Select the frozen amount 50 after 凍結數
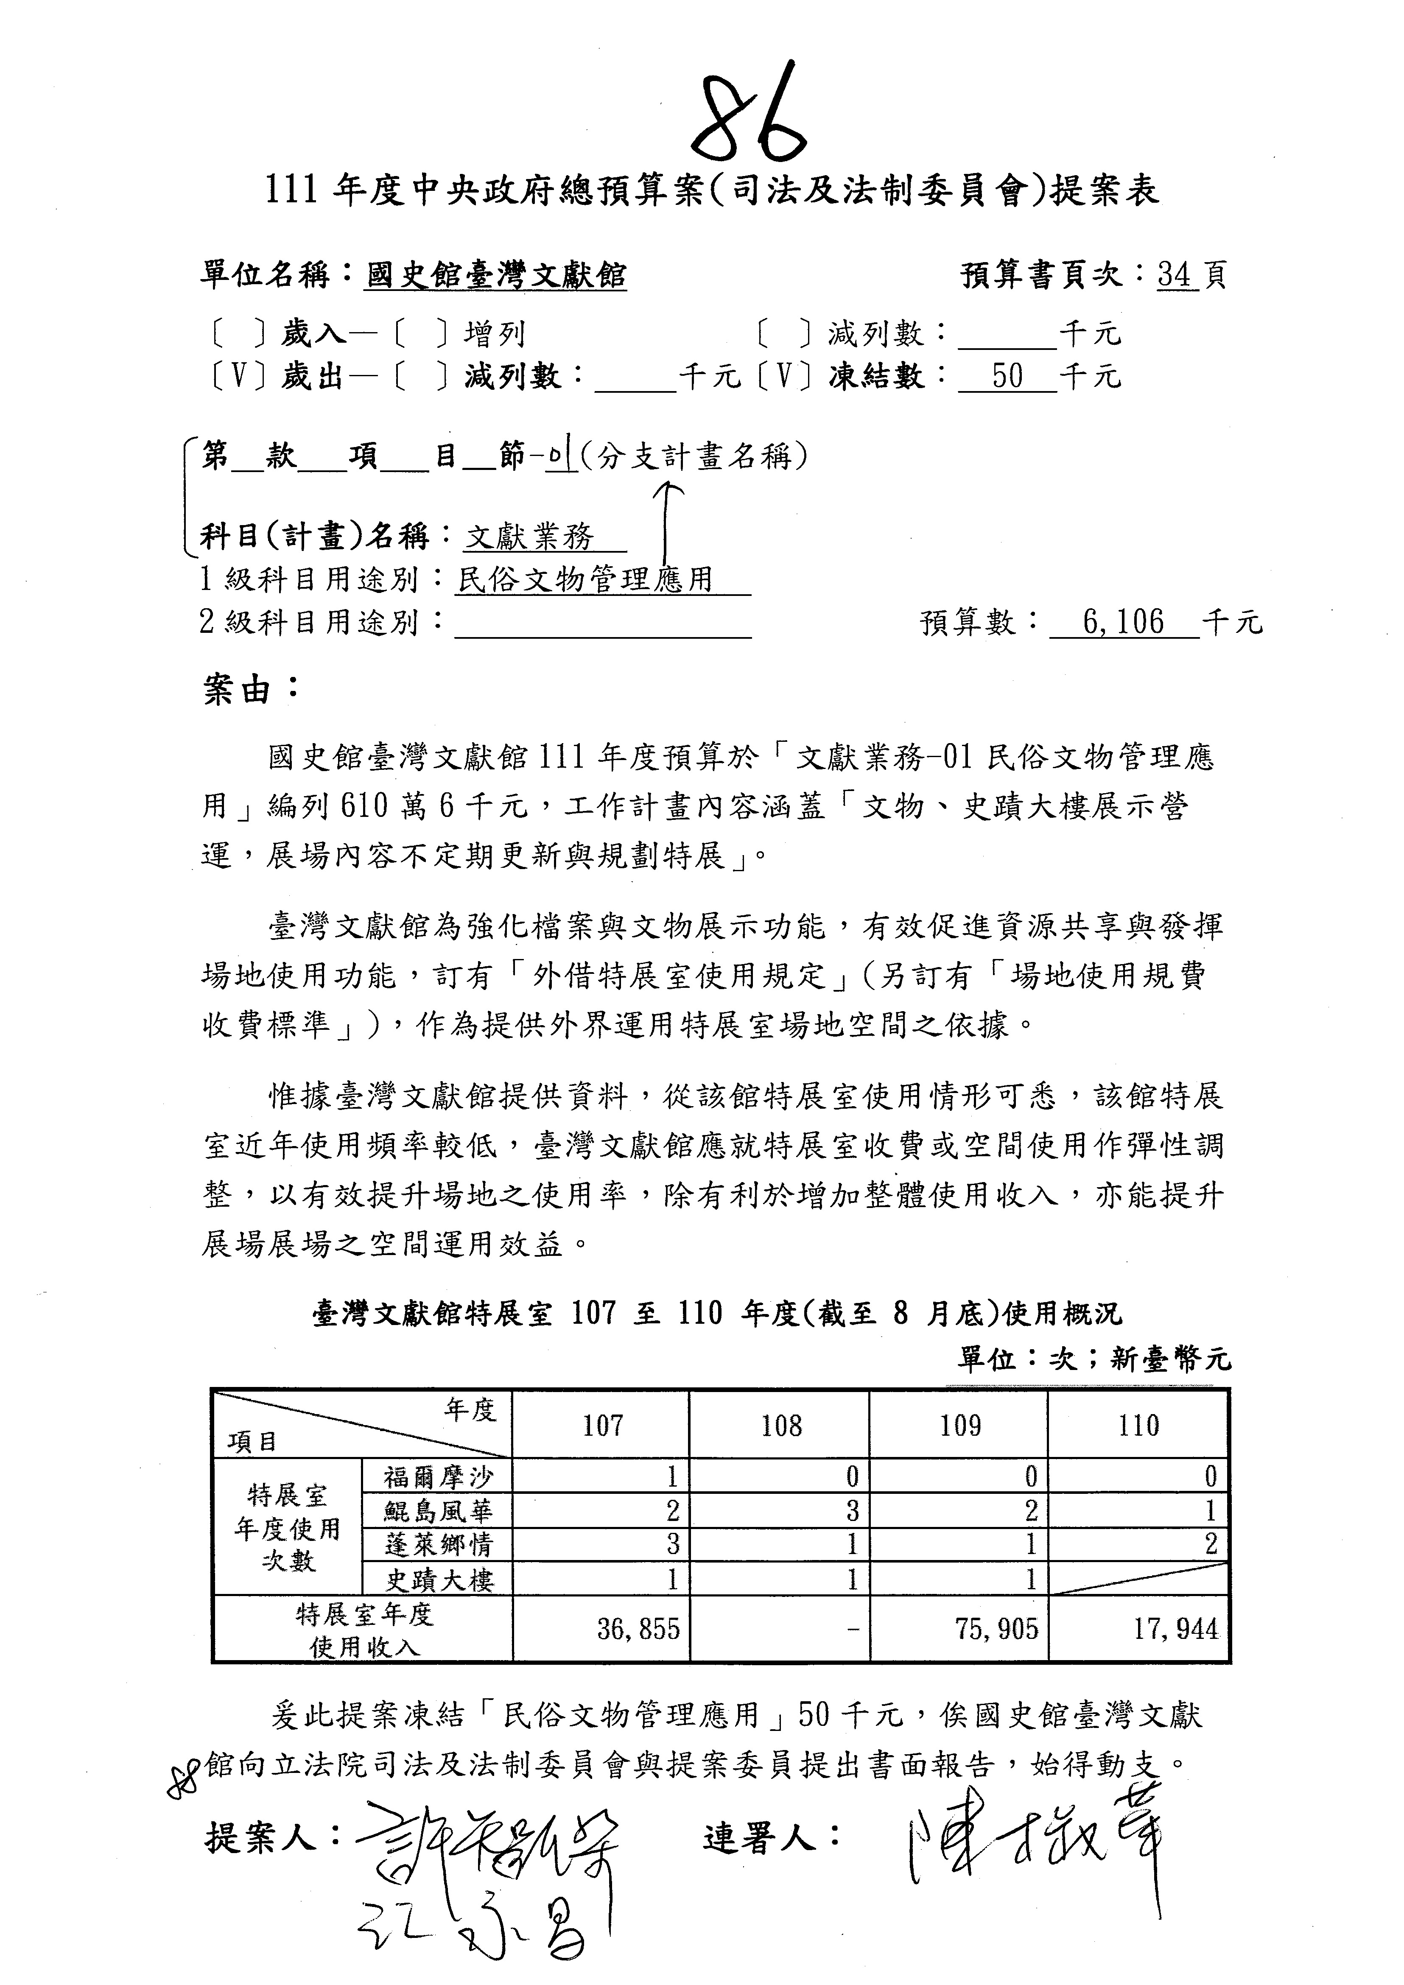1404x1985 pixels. pos(1007,376)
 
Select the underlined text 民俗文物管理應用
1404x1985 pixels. pos(585,579)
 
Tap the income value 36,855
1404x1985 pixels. pos(638,1630)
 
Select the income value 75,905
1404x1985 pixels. pos(996,1630)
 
